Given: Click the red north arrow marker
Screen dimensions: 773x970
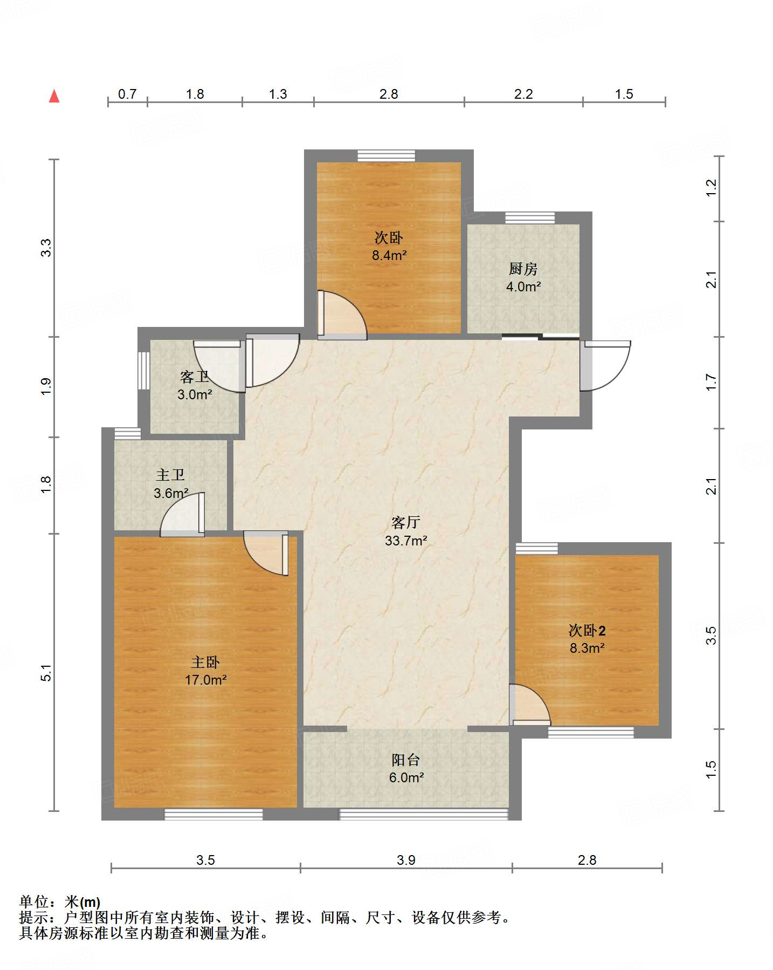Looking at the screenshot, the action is click(x=54, y=96).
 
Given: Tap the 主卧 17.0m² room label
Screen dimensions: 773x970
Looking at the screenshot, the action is click(x=205, y=671).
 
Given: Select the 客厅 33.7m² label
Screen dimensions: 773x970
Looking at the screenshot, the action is click(x=406, y=531).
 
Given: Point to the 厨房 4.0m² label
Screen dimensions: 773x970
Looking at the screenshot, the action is click(x=523, y=277).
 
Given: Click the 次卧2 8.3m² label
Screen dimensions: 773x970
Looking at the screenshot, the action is click(x=587, y=639).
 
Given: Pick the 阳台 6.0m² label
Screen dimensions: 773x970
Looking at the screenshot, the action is click(x=406, y=769).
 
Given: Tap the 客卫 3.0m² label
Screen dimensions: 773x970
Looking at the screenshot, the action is click(x=195, y=385).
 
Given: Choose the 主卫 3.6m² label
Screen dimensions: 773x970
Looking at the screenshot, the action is click(x=171, y=484).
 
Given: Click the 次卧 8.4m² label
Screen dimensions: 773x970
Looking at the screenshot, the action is click(x=389, y=246).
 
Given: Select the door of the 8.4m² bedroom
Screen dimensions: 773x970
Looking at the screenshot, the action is click(x=342, y=315).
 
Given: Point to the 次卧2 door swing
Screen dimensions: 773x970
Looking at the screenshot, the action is click(x=530, y=705).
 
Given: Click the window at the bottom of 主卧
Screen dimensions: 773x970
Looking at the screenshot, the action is click(x=213, y=814).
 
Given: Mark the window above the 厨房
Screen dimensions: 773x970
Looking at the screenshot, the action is click(x=530, y=218).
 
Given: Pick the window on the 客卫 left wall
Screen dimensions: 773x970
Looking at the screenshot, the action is click(x=143, y=371).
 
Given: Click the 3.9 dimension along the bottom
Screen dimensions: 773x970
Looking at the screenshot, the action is click(x=406, y=860).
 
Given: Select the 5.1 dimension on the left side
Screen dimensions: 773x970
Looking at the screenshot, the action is click(x=46, y=673).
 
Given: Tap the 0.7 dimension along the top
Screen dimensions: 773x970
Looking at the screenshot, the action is click(x=127, y=94).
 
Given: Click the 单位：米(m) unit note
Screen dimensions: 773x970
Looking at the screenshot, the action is click(x=60, y=901).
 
